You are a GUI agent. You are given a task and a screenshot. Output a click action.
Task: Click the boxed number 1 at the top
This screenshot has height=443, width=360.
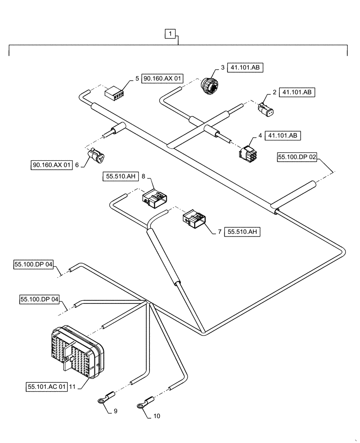(x=171, y=33)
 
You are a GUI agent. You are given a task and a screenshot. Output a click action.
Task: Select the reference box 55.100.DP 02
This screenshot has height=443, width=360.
(x=298, y=157)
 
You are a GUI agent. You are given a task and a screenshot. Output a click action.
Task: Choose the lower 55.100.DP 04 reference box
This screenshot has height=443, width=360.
(x=39, y=299)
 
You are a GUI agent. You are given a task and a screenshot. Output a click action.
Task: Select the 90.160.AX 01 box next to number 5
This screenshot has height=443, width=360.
(x=162, y=79)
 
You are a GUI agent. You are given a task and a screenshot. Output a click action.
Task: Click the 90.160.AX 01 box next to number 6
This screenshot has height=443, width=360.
(x=51, y=165)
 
